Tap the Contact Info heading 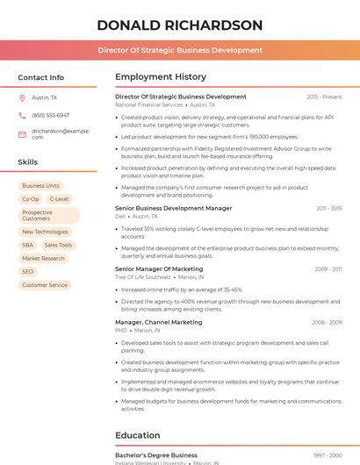point(40,77)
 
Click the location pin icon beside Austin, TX point(22,98)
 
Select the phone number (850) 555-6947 point(50,115)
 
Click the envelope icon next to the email point(22,133)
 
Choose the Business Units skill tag point(40,186)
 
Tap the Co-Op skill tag point(30,199)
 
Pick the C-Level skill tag point(59,199)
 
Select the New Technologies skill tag point(45,232)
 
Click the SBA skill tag point(28,245)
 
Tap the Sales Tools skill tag point(58,245)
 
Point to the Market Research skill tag point(43,258)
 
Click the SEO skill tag point(28,271)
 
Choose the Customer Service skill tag point(45,284)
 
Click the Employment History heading point(161,77)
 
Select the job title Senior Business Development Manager point(174,208)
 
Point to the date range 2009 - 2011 point(328,268)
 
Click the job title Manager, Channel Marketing point(159,322)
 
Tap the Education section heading point(138,435)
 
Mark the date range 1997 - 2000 point(328,455)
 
